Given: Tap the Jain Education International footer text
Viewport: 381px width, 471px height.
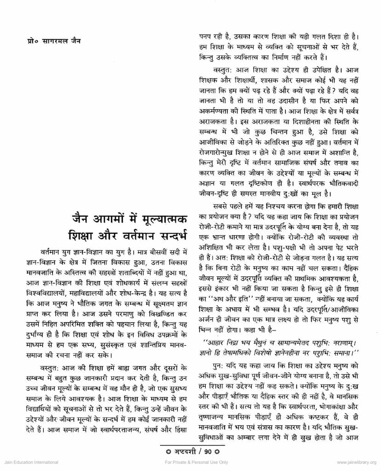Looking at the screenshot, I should [x=29, y=462].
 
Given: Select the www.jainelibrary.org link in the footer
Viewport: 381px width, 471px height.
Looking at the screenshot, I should [x=353, y=462].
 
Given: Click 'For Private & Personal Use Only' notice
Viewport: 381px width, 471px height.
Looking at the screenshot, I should [x=190, y=462].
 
